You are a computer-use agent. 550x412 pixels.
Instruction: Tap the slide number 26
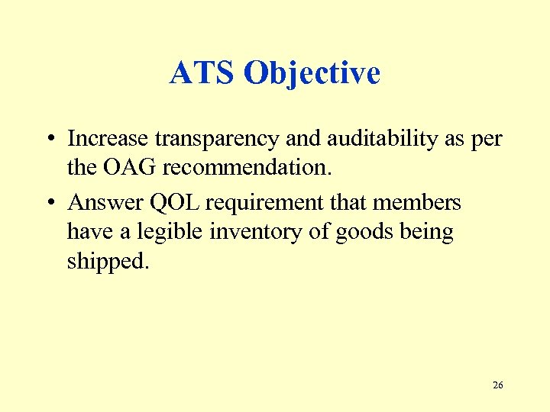tap(497, 385)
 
